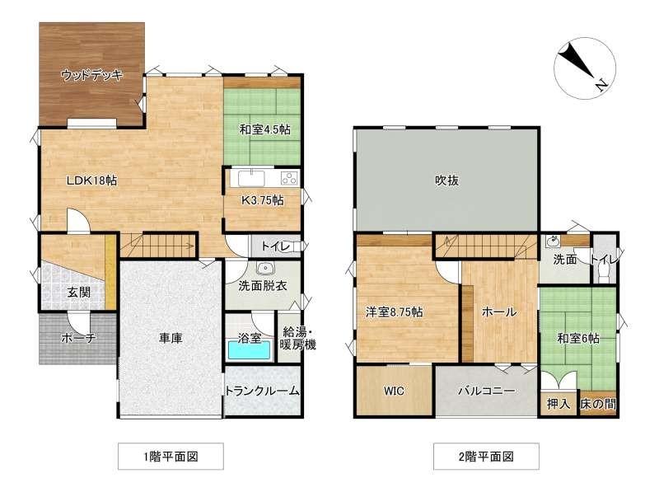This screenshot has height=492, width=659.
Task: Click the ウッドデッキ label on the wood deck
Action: coord(91,75)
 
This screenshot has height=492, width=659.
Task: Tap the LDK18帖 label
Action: coord(92,180)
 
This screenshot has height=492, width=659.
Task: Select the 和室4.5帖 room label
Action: coord(264,129)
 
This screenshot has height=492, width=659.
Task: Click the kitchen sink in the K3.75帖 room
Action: coord(251,178)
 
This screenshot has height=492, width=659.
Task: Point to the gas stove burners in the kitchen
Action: coord(289,178)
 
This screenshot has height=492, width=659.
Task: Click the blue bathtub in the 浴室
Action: coord(250,350)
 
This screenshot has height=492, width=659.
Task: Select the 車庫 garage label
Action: coord(171,338)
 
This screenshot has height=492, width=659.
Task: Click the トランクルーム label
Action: coord(263,391)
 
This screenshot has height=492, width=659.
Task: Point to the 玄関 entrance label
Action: coord(79,293)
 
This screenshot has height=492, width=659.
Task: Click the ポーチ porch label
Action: coord(78,338)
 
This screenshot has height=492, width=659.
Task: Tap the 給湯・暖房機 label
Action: coord(297,338)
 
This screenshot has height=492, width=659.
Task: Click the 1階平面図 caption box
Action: coord(171,457)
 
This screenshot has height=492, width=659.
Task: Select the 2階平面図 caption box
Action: coord(486,457)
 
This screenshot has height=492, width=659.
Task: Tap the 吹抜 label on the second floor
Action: coord(446,180)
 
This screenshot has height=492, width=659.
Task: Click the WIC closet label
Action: coord(395,391)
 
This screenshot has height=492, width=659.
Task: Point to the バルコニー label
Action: coord(486,391)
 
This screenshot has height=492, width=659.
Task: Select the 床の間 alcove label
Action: coord(598,404)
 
